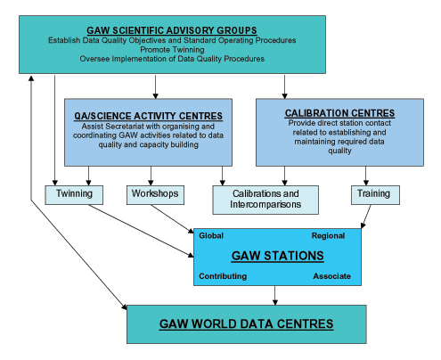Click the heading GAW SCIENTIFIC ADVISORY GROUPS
[172, 30]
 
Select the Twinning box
[74, 195]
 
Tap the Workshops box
[155, 195]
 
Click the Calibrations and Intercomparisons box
[265, 200]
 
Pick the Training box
[375, 195]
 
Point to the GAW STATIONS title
[277, 256]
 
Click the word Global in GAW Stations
[211, 235]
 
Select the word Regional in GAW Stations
[328, 236]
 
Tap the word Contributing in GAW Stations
[223, 276]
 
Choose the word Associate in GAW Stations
[331, 276]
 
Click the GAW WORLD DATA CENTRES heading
[246, 323]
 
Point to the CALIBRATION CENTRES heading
[339, 113]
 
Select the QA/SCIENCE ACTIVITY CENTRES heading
[148, 116]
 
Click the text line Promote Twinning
[172, 49]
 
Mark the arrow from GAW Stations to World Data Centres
[275, 295]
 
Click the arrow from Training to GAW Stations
[366, 217]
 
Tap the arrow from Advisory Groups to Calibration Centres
[284, 86]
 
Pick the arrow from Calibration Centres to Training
[366, 176]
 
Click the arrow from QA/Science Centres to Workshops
[151, 176]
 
